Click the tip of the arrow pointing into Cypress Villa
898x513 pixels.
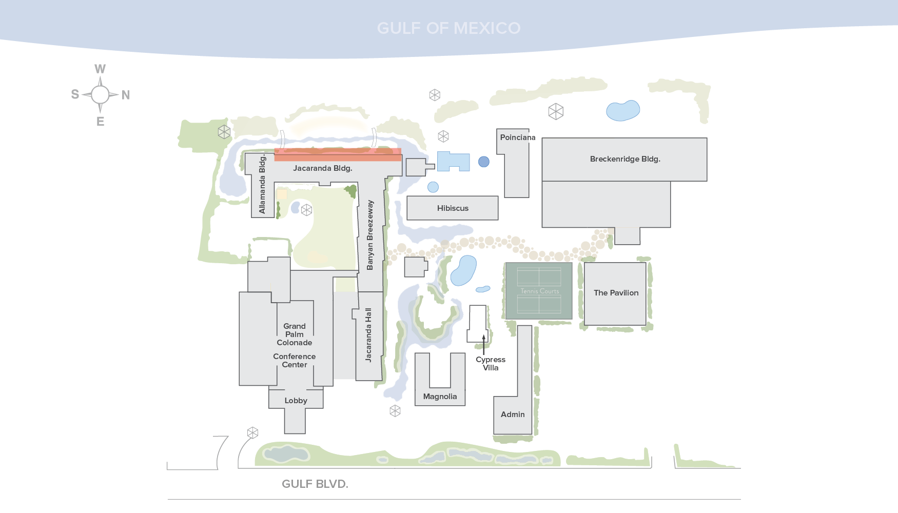[483, 335]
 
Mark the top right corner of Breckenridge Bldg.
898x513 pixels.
[707, 138]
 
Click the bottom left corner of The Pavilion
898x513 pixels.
[584, 325]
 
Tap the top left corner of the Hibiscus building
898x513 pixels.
[407, 196]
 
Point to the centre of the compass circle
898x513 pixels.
[100, 95]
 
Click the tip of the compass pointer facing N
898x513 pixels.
[119, 95]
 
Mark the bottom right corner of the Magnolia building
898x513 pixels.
[465, 405]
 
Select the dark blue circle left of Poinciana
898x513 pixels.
[483, 162]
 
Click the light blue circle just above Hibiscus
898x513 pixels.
[433, 187]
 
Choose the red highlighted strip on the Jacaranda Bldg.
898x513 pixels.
[338, 154]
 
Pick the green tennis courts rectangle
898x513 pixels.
[539, 291]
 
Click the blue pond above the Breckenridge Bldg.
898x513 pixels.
[623, 110]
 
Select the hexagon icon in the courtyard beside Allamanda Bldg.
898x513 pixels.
[306, 210]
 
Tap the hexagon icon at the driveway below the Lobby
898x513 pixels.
[252, 433]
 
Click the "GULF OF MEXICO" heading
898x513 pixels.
[449, 28]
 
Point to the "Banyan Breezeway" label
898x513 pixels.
[370, 235]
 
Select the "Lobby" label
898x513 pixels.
[296, 401]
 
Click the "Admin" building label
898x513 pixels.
[513, 415]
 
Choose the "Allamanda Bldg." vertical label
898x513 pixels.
[262, 184]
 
